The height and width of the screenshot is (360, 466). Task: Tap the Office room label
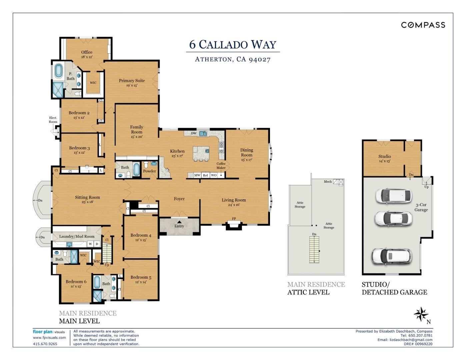coord(87,52)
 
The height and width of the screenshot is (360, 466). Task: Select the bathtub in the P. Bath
coord(58,71)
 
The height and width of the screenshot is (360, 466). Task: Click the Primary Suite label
coord(132,81)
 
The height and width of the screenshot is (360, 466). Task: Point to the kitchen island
coord(201,154)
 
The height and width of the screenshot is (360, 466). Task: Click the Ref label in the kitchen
coord(205,175)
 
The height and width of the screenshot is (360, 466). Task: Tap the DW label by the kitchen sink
coord(194,133)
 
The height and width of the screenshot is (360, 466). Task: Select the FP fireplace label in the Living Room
coord(234,218)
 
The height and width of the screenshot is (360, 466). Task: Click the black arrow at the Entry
coord(179,222)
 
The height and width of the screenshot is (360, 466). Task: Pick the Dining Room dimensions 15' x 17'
coord(247,160)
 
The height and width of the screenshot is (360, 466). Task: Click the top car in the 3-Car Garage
coord(394,196)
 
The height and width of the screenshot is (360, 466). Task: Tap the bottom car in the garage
coord(392,256)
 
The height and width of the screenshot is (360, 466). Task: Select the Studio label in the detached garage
coord(385,156)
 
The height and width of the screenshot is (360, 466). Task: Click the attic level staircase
coord(314,250)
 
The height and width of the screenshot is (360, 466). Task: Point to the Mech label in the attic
coord(328,182)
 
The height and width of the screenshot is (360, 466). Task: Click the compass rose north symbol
coord(421,315)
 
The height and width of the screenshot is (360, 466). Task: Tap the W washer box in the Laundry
coord(90,244)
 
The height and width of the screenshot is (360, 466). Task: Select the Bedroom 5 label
coord(141,277)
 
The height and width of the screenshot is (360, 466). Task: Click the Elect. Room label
coord(53,120)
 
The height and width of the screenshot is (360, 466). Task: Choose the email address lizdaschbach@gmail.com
coord(411,340)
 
